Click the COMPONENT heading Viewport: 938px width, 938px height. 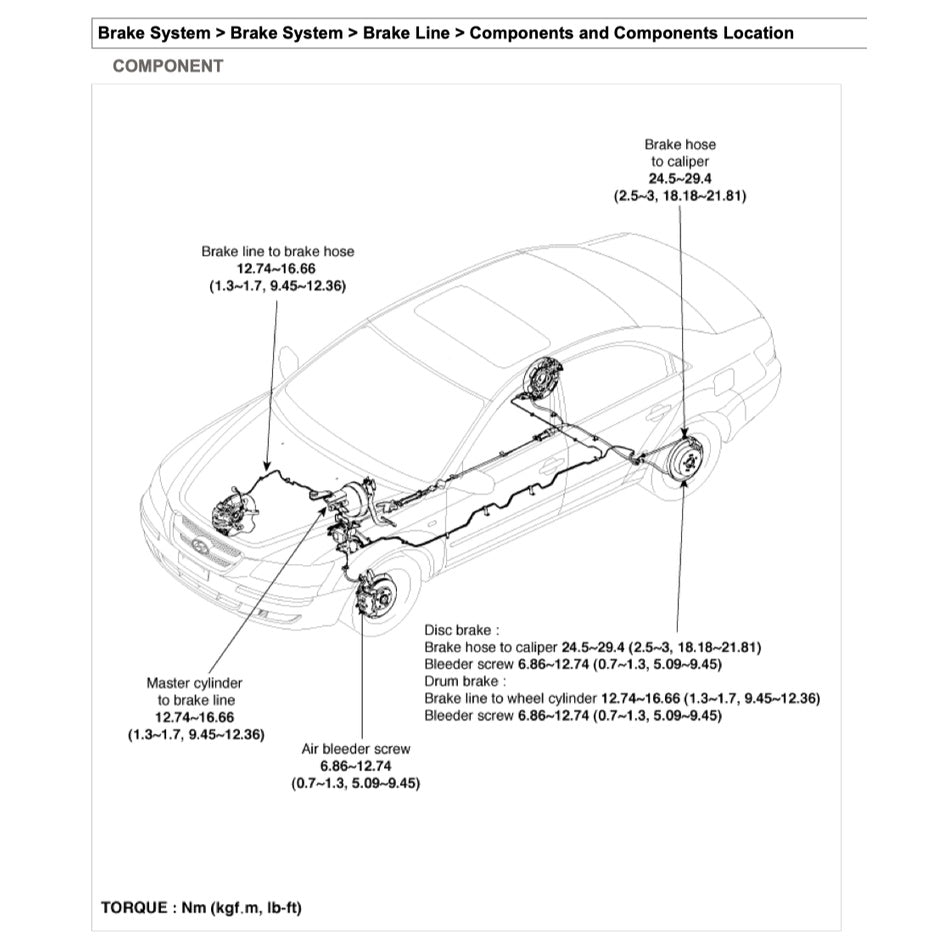coord(167,66)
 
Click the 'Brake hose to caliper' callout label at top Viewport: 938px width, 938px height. coord(680,152)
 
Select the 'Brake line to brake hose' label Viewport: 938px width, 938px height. coord(277,252)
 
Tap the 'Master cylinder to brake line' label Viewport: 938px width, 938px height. coord(195,691)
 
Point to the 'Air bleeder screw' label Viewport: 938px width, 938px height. coord(356,748)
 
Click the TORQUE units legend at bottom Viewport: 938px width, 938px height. coord(201,908)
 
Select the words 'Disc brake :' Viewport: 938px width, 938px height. coord(458,630)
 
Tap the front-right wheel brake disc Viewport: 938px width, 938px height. coord(377,593)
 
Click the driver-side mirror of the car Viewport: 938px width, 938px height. coord(289,359)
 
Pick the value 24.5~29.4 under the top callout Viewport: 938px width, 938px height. coord(680,179)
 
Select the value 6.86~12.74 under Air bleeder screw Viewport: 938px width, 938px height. coord(355,765)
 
